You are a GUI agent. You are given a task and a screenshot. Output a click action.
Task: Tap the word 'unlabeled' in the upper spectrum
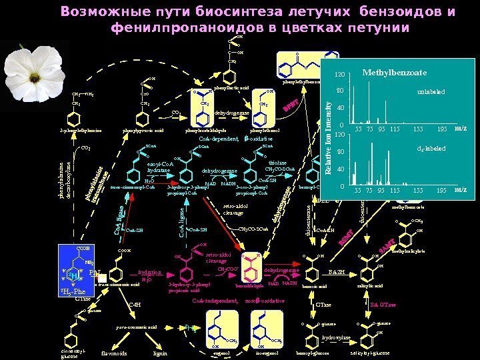coord(431,93)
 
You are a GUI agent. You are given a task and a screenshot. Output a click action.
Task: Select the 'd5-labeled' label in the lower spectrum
coord(430,149)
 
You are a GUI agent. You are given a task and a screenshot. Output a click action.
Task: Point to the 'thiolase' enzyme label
coord(277,161)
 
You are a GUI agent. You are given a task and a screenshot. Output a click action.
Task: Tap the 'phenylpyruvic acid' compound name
coord(143,131)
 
